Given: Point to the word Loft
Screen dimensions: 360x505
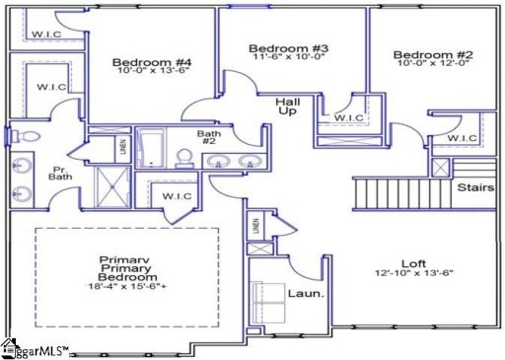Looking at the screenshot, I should point(412,264).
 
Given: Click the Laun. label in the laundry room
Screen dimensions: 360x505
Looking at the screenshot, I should point(301,293).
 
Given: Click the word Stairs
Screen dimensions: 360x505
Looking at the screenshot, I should point(475,186).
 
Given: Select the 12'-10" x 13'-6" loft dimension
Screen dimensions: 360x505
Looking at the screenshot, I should point(412,276).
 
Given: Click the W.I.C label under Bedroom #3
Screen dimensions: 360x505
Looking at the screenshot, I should point(347,118).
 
